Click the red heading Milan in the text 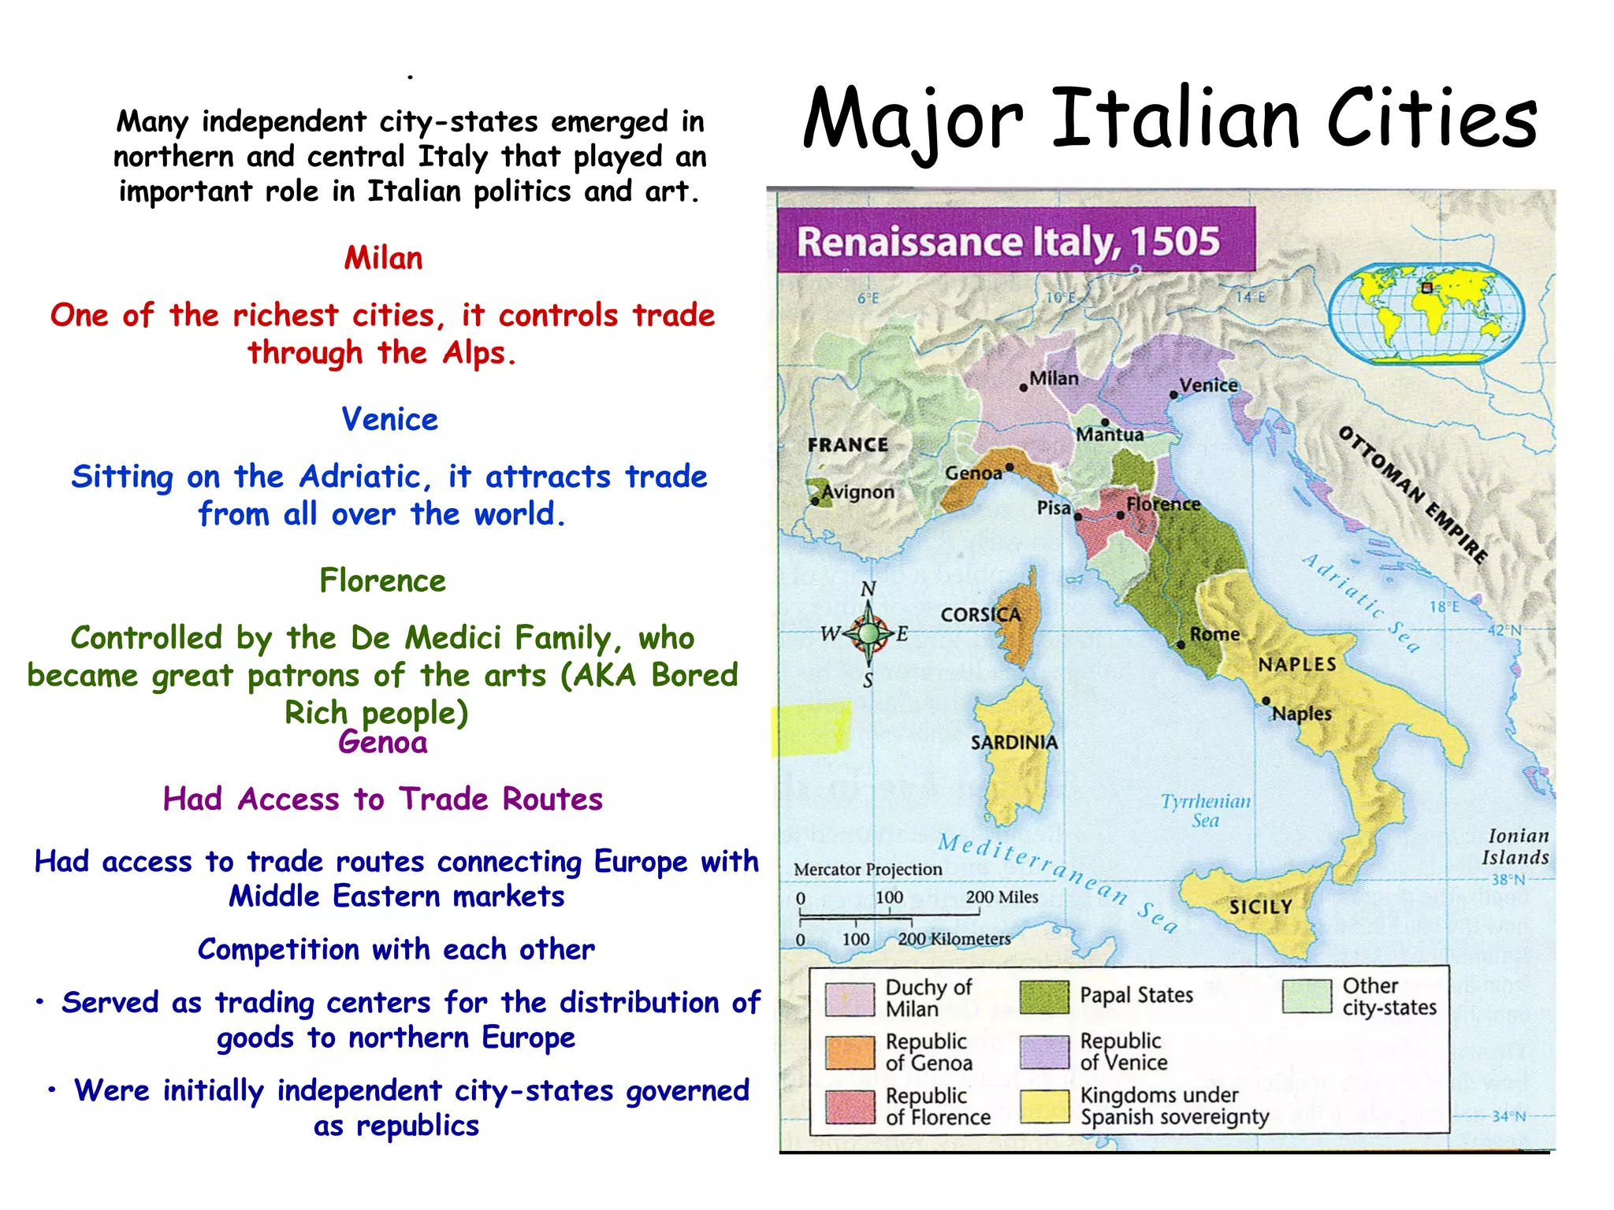pos(383,258)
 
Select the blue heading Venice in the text pos(389,419)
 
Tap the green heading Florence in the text pos(382,581)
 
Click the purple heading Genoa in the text pos(382,742)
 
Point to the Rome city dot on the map pos(1181,644)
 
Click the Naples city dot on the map pos(1266,700)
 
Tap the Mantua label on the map pos(1110,434)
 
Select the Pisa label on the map pos(1053,507)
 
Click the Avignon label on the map pos(857,492)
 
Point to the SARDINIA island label pos(1013,742)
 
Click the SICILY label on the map pos(1260,907)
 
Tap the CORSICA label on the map pos(980,614)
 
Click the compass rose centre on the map pos(868,633)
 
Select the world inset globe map pos(1426,314)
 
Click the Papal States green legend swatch pos(1044,997)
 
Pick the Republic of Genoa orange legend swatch pos(850,1052)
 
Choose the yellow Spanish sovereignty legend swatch pos(1044,1106)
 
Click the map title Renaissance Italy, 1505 pos(1008,241)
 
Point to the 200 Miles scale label pos(1002,896)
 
